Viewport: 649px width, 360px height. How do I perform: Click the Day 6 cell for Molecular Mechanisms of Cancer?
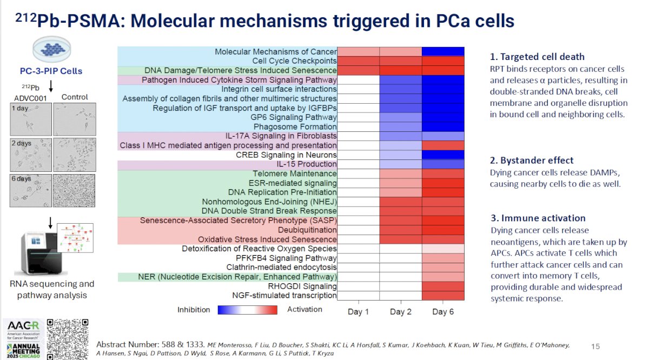(443, 51)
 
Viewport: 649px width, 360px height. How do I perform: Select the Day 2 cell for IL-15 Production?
(401, 164)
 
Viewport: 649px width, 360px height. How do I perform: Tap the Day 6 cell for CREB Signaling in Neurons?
(443, 155)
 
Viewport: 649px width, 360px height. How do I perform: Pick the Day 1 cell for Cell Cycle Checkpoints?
(359, 61)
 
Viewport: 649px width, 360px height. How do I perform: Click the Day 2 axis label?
(401, 312)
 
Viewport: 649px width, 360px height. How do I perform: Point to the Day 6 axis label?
(443, 312)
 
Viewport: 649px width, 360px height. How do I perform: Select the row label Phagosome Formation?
(295, 127)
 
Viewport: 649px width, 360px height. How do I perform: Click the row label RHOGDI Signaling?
(302, 286)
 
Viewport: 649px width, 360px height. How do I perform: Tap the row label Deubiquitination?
(307, 230)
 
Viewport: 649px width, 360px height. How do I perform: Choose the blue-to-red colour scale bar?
(248, 310)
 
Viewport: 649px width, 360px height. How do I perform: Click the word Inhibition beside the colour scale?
(194, 310)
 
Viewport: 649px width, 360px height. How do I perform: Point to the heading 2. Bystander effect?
(531, 160)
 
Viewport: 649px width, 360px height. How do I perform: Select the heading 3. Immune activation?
(538, 218)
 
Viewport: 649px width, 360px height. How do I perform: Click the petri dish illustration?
(51, 49)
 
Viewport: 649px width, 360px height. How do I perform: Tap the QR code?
(68, 339)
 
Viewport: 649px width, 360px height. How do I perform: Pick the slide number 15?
(595, 346)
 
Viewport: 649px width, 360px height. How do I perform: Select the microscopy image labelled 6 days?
(31, 191)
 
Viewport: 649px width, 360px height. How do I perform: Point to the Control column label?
(75, 97)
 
